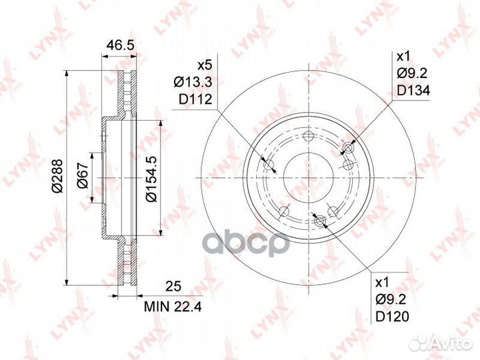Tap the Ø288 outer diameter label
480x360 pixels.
[57, 176]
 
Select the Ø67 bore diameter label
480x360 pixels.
[83, 175]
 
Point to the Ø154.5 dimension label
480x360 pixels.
[151, 179]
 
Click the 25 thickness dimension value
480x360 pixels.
[173, 286]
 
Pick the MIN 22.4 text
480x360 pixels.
[173, 307]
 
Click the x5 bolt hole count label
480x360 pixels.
[205, 65]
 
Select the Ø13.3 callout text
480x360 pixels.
[193, 82]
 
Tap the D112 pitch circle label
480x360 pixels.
[195, 99]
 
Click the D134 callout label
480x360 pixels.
[413, 90]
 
